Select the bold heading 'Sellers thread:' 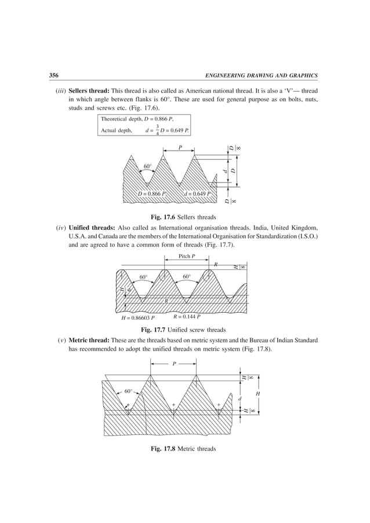click(88, 92)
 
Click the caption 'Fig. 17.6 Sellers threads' click(184, 217)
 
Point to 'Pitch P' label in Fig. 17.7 click(186, 256)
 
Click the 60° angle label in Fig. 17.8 click(128, 392)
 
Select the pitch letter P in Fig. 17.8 click(173, 364)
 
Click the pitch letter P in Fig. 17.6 click(180, 148)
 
